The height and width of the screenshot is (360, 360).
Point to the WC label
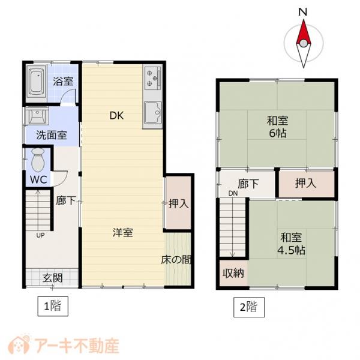(37, 180)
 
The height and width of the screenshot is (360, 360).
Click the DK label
(116, 116)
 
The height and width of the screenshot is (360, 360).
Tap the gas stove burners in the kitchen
(152, 77)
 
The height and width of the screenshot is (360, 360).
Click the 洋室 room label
(123, 233)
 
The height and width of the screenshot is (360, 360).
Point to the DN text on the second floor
(233, 193)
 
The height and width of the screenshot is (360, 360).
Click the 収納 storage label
(234, 274)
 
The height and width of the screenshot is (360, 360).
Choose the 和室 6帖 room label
(277, 125)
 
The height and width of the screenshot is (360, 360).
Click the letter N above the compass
(304, 12)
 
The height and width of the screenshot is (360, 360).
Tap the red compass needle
(304, 33)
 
